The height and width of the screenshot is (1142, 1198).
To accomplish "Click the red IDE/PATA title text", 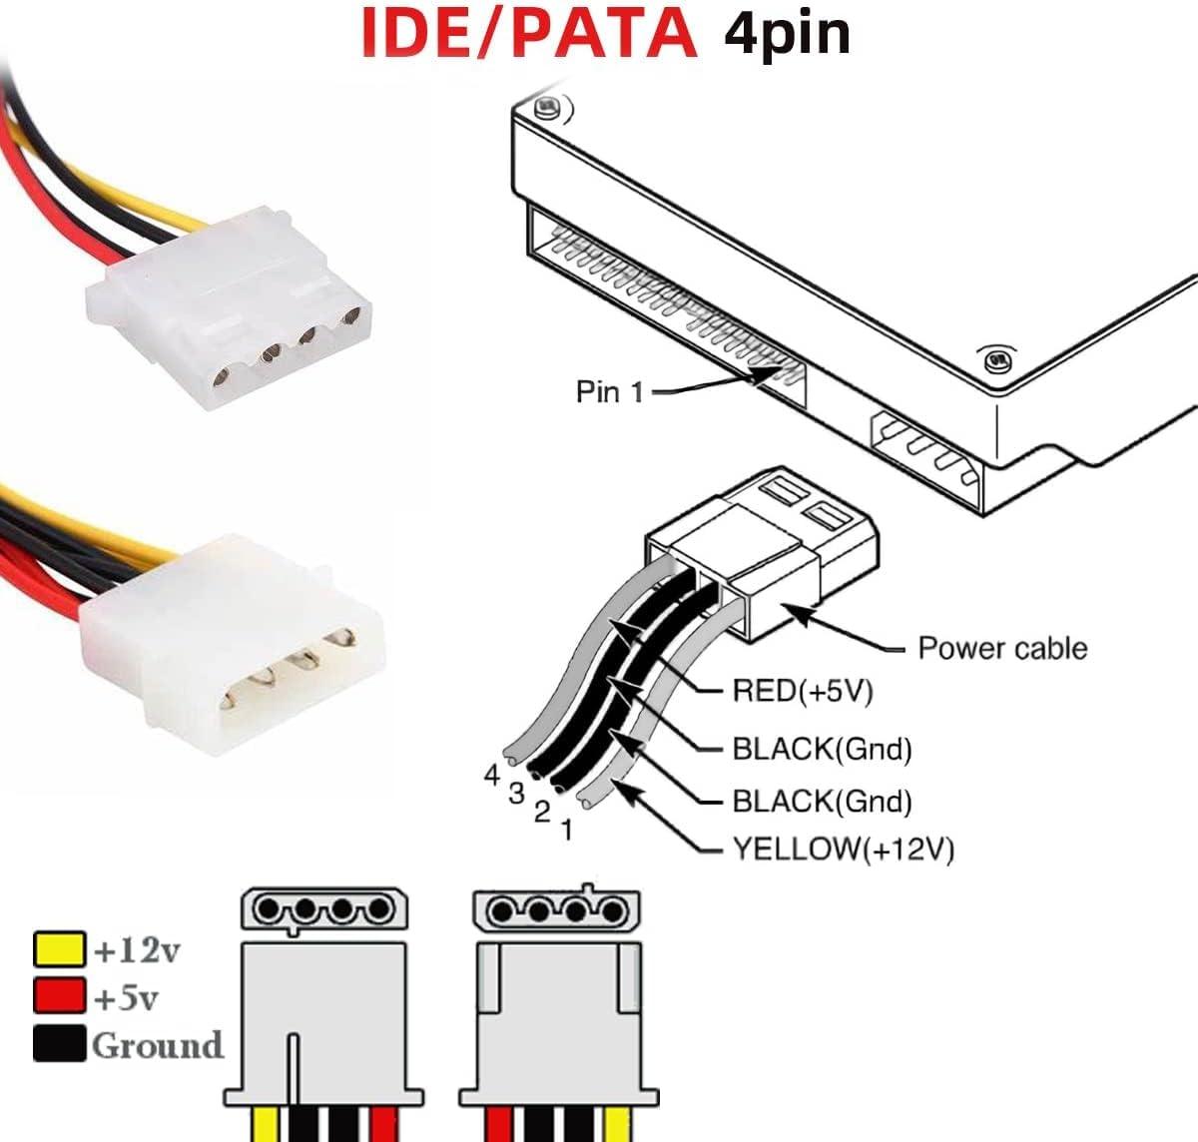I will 528,34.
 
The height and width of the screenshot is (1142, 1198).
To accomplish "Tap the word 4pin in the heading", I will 787,34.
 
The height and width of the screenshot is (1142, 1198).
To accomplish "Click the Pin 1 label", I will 609,391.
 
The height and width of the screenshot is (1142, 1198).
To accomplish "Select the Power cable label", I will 1001,648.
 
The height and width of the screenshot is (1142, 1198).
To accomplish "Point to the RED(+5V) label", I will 803,691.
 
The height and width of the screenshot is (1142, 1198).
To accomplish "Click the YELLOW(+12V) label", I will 843,850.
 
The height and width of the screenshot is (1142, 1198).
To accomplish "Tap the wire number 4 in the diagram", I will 491,776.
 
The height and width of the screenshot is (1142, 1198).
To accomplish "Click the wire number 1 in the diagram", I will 567,830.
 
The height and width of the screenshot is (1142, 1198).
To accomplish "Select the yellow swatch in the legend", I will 59,949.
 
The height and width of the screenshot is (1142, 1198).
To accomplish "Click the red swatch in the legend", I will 59,995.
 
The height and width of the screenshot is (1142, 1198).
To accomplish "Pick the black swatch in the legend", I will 59,1043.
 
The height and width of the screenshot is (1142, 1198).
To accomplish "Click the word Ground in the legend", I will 158,1045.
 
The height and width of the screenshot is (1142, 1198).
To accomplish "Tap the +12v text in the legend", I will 137,950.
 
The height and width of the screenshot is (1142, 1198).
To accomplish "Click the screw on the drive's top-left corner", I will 546,108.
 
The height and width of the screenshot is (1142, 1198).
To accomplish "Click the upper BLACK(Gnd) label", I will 822,749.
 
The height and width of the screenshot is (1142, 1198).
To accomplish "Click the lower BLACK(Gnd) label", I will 822,801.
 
